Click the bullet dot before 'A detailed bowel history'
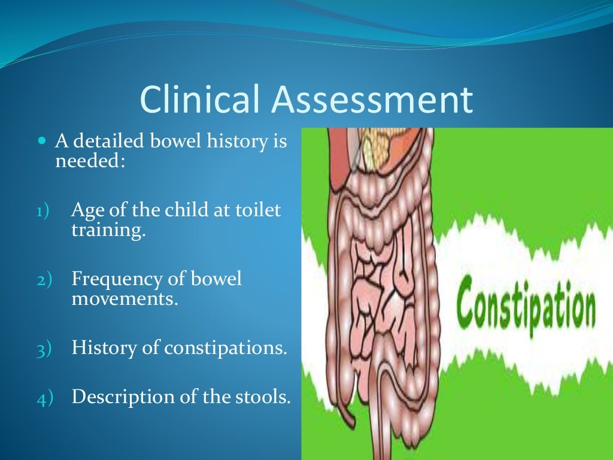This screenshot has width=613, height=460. click(x=41, y=143)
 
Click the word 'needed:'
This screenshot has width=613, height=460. click(x=90, y=161)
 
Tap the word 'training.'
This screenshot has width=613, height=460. click(x=108, y=231)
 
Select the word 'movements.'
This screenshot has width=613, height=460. click(x=125, y=298)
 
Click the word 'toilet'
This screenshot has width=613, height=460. click(x=262, y=211)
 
